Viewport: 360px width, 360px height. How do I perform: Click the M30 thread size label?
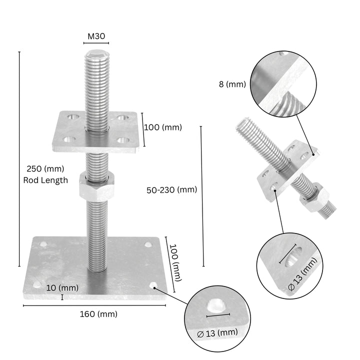click(x=96, y=36)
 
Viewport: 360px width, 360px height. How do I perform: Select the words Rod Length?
click(x=45, y=180)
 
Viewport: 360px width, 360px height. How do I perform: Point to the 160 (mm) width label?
click(x=98, y=314)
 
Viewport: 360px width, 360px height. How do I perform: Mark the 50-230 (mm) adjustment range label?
click(x=171, y=189)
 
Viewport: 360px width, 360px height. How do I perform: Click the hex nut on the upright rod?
click(x=96, y=188)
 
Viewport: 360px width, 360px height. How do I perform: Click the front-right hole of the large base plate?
click(x=153, y=285)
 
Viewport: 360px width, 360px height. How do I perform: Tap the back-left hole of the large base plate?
click(x=44, y=245)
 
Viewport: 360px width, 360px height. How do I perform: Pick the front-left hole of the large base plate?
click(x=37, y=284)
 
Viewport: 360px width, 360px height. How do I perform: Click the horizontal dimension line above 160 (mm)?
click(x=95, y=305)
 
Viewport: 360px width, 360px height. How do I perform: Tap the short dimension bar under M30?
click(x=96, y=43)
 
